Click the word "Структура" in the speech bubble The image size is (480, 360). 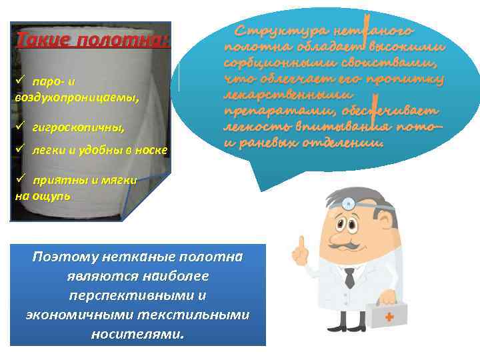(x=274, y=31)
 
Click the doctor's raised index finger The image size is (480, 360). (x=302, y=243)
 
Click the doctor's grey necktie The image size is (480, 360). (x=349, y=277)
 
